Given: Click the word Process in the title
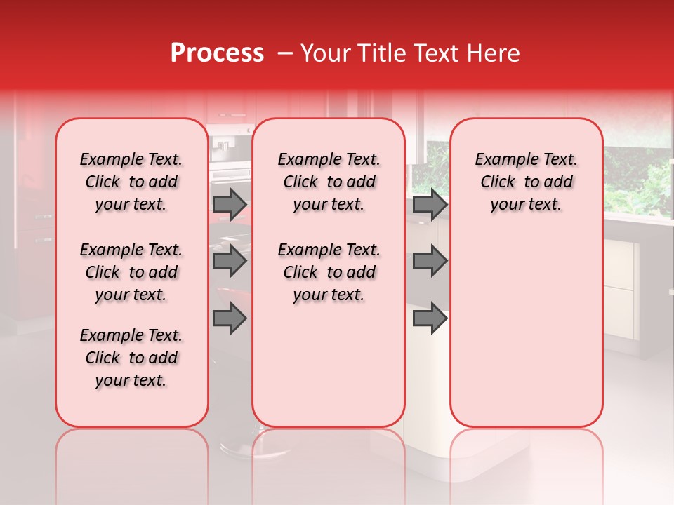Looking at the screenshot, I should click(217, 53).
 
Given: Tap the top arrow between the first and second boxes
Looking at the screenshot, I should click(230, 205).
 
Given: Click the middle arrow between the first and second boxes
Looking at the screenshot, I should click(230, 262).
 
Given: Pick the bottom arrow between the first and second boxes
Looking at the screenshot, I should click(230, 318).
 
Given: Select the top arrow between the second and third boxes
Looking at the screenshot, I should click(430, 205).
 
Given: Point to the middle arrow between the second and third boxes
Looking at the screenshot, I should click(430, 262).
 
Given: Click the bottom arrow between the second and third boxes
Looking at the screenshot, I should click(430, 318).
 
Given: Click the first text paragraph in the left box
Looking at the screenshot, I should click(131, 182).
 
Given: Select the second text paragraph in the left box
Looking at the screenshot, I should click(131, 272).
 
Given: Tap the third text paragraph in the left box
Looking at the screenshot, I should click(131, 358).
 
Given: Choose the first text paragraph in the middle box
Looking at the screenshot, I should click(329, 182).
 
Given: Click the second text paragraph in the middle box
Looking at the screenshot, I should click(329, 272).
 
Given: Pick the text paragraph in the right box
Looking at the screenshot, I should click(526, 182).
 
